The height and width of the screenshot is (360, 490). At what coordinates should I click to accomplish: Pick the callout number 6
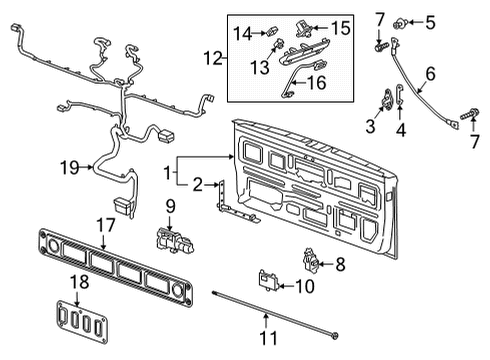point(431,73)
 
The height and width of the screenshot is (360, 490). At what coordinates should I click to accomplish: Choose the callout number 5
point(432,19)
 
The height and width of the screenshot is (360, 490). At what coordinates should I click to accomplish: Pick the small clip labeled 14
point(272,31)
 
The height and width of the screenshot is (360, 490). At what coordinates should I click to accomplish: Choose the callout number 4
point(402,128)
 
